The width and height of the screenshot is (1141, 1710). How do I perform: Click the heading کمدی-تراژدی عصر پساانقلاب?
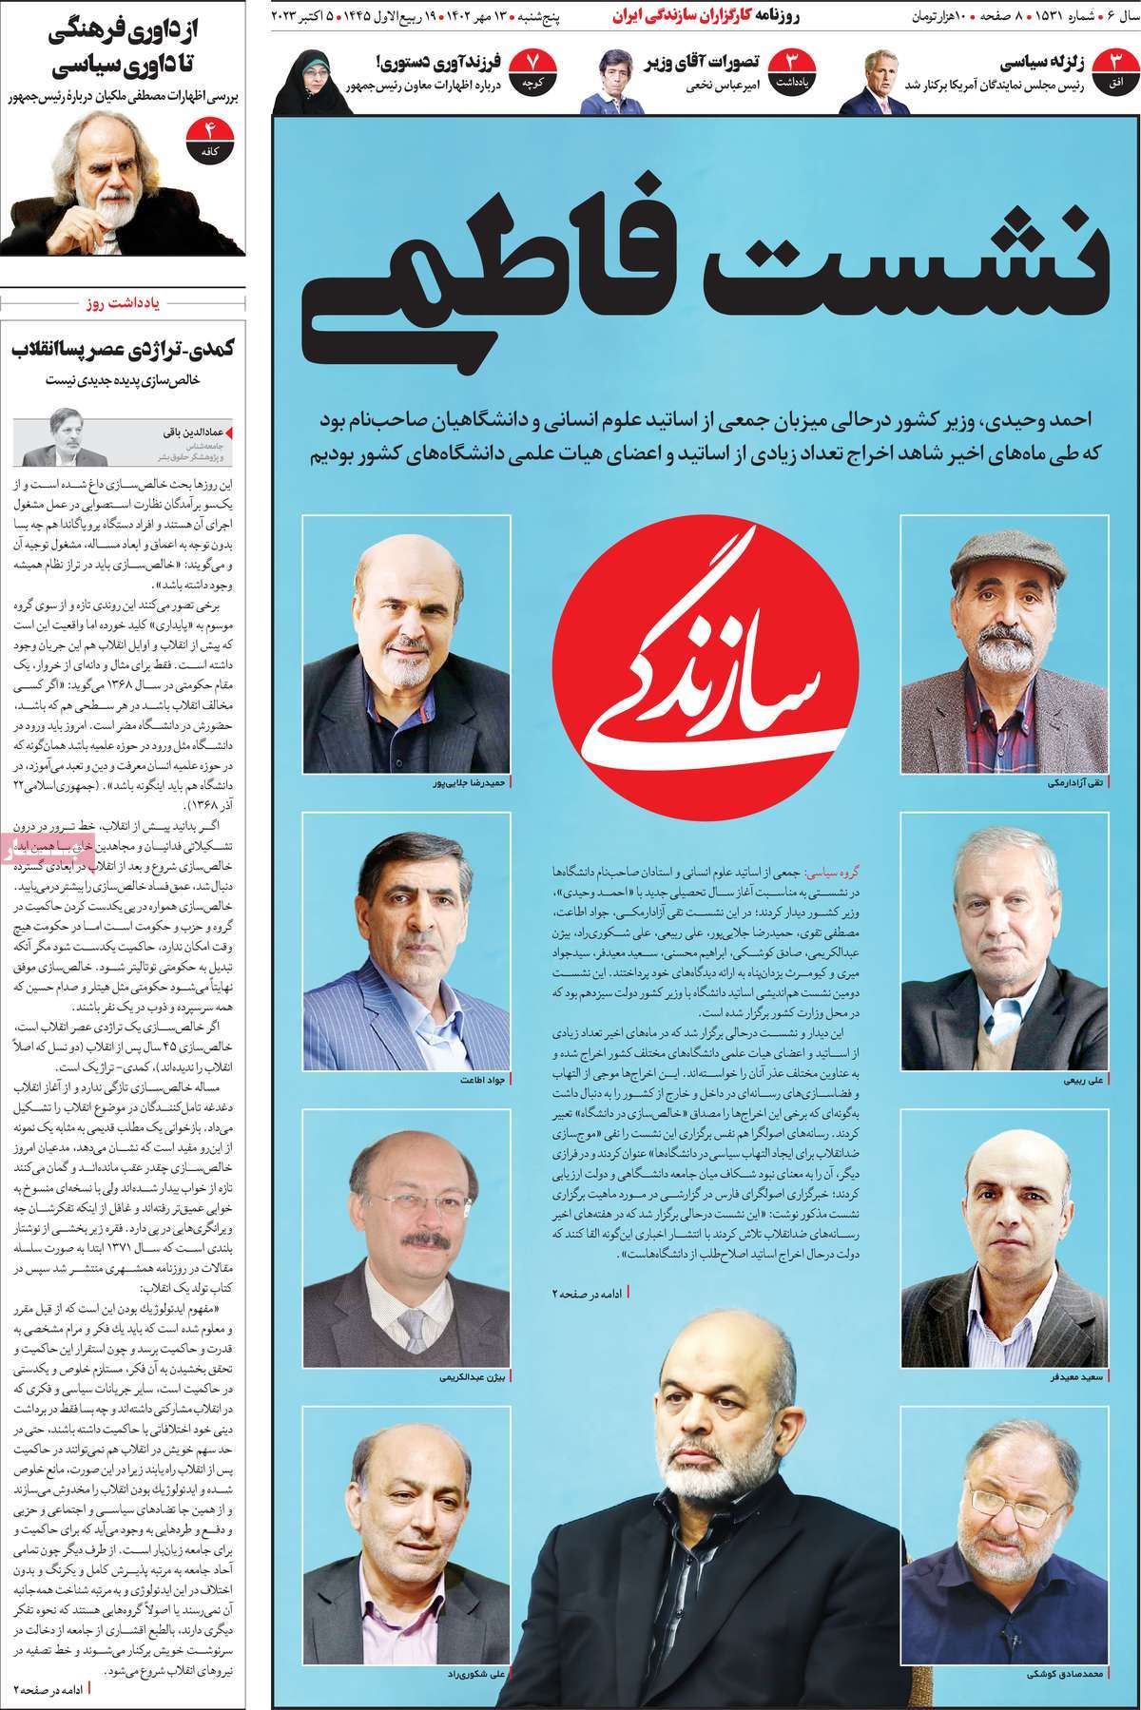click(x=124, y=348)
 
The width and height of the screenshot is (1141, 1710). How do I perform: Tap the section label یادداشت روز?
click(x=126, y=304)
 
